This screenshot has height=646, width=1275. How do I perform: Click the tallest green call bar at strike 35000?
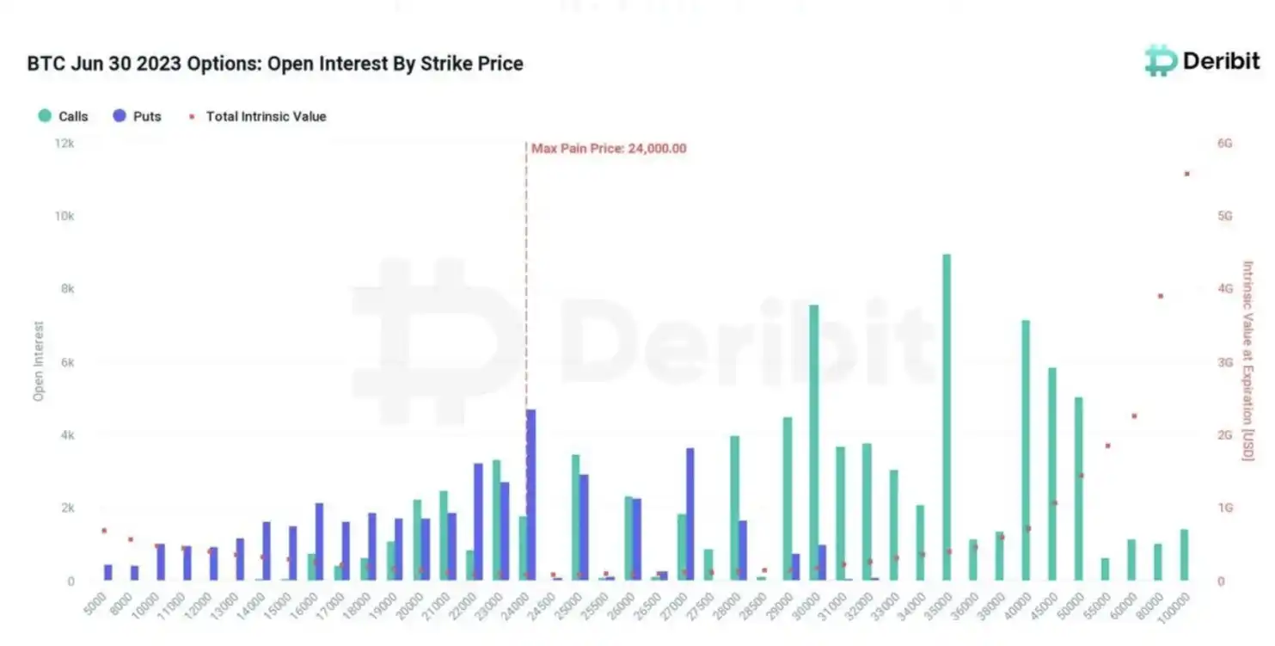(x=947, y=417)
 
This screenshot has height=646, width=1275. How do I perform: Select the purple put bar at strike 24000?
(x=530, y=495)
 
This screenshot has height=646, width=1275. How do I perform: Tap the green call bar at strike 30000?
(x=813, y=443)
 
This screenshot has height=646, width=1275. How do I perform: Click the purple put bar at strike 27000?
(x=690, y=514)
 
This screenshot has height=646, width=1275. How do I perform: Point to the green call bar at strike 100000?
(x=1184, y=555)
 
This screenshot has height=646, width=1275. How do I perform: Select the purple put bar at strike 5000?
(x=108, y=572)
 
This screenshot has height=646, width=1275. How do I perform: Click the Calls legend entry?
(x=64, y=116)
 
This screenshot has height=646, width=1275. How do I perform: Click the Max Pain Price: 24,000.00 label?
(x=609, y=148)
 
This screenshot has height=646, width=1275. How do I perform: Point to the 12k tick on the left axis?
(x=64, y=143)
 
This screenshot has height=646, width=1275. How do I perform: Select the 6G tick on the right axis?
(x=1224, y=143)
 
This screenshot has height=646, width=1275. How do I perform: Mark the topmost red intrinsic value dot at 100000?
(x=1187, y=174)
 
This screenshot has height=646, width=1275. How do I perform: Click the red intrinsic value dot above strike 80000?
(x=1161, y=296)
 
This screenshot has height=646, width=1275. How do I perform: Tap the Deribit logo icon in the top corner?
(x=1161, y=60)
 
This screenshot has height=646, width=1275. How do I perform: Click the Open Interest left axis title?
(x=39, y=361)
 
